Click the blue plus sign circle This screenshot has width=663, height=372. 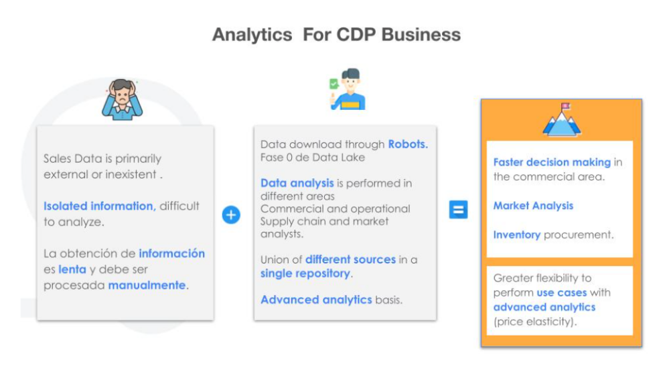(231, 214)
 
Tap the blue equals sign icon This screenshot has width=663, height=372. (458, 210)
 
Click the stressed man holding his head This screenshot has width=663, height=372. (122, 99)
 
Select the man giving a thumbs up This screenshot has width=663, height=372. (348, 89)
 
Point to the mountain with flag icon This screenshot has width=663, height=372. (562, 120)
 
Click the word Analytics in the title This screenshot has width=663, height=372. (252, 35)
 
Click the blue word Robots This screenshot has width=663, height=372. (408, 144)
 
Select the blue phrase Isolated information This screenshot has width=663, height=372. (100, 206)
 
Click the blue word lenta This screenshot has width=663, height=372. (72, 269)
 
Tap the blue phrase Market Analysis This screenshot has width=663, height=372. (533, 206)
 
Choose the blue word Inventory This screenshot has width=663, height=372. (517, 235)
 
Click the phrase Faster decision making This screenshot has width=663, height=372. (552, 162)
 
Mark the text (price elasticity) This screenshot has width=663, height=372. (535, 322)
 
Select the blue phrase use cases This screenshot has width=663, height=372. (561, 292)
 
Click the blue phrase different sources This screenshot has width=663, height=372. (350, 259)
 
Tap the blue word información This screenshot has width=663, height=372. (171, 253)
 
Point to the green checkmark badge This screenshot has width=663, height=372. (334, 83)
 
